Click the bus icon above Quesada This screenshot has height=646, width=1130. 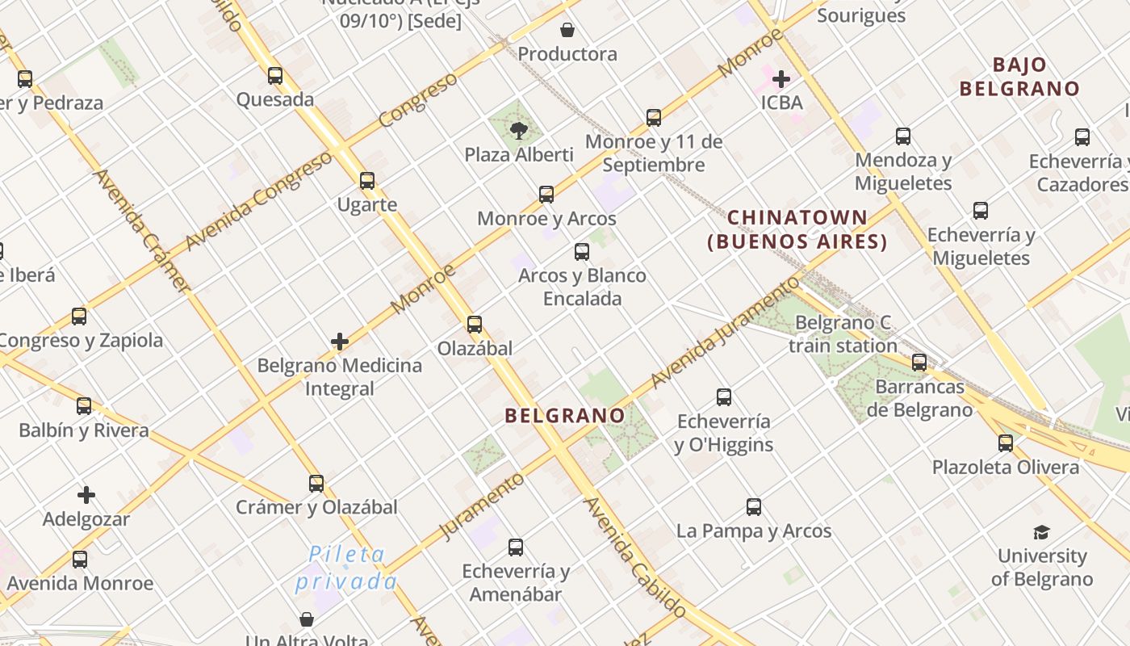pos(275,76)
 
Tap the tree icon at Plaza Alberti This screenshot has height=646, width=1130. pos(519,130)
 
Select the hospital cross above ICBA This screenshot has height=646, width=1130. pos(781,79)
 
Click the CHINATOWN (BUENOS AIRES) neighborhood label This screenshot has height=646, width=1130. pos(797,229)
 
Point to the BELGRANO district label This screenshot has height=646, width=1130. pos(564,416)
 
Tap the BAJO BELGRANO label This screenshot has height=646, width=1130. pos(1019,77)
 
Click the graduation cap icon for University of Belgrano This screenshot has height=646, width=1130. pos(1041,532)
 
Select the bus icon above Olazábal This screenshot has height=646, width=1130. pos(475,325)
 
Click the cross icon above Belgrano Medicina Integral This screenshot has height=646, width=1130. pos(340,342)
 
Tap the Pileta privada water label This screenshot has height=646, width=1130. pos(346,568)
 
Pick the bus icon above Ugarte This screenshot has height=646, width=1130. pos(367,181)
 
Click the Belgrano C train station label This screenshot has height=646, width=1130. pos(843,334)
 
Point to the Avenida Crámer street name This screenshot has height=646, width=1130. pos(143,230)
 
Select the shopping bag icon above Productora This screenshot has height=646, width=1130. pos(567,31)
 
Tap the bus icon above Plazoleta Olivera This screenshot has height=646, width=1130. pos(1006,443)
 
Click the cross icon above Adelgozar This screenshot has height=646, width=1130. pos(86,495)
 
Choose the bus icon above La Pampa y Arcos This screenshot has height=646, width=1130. pos(754,507)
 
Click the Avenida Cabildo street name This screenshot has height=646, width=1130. pos(634,557)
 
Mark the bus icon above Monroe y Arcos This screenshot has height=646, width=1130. pos(546,195)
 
